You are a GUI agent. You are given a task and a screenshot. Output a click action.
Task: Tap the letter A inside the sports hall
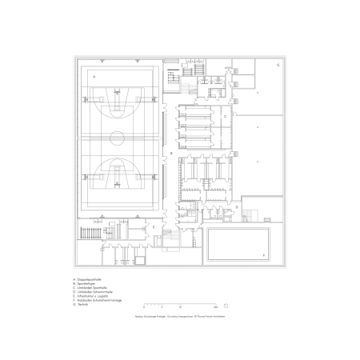click(94, 76)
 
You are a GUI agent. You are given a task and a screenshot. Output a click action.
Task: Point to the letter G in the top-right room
click(278, 64)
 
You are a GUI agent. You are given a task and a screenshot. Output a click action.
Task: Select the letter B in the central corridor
click(170, 151)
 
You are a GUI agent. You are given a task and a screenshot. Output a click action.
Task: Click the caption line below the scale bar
click(180, 317)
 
